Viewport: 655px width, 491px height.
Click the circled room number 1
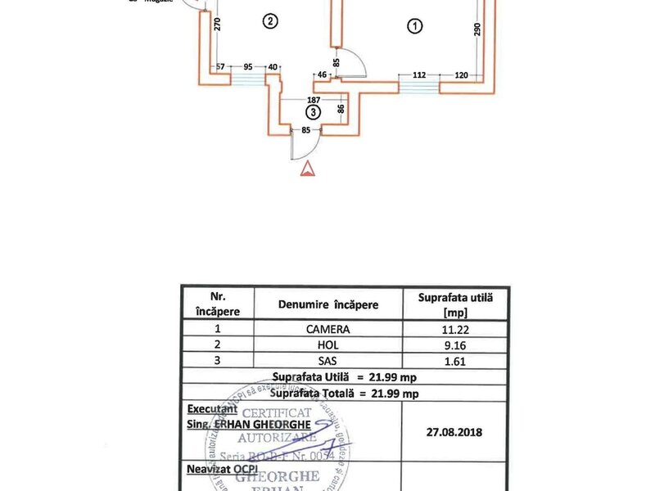[x=415, y=26]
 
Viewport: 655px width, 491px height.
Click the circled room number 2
[x=269, y=21]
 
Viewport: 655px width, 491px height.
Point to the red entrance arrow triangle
[x=307, y=169]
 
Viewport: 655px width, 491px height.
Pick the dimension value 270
[x=218, y=25]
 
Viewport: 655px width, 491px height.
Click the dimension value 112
[x=419, y=74]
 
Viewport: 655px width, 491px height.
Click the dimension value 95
[x=248, y=67]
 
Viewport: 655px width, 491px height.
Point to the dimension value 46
[x=323, y=74]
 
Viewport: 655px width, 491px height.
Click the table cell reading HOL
[x=330, y=345]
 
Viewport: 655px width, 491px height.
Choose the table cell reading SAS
[x=330, y=360]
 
